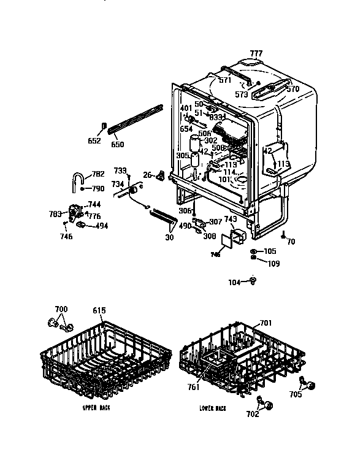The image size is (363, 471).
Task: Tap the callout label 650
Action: pos(117,145)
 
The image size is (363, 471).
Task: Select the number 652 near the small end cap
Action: pos(94,141)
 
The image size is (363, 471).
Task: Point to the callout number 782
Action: pos(97,174)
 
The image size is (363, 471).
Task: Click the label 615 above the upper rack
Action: pos(99,310)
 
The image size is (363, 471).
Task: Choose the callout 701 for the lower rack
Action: pos(266,323)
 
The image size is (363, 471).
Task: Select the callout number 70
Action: pos(291,242)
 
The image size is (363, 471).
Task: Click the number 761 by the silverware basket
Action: pos(194,387)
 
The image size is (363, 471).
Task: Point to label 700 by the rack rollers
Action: pos(61,308)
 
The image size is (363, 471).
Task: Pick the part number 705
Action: pos(296,395)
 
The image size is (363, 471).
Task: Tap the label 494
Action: pos(102,226)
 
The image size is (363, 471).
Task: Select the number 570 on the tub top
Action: pos(292,89)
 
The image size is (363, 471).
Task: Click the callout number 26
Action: pos(147,175)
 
